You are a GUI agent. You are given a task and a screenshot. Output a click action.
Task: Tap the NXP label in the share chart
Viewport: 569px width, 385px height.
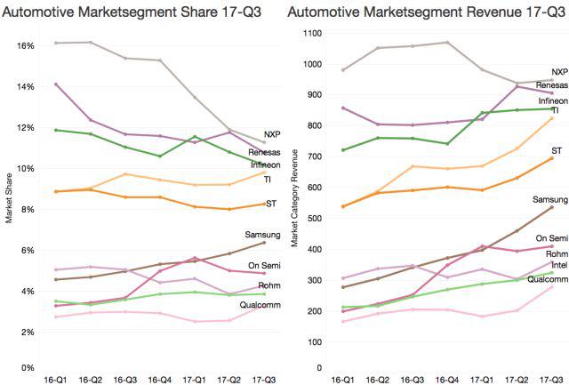[272, 134]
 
